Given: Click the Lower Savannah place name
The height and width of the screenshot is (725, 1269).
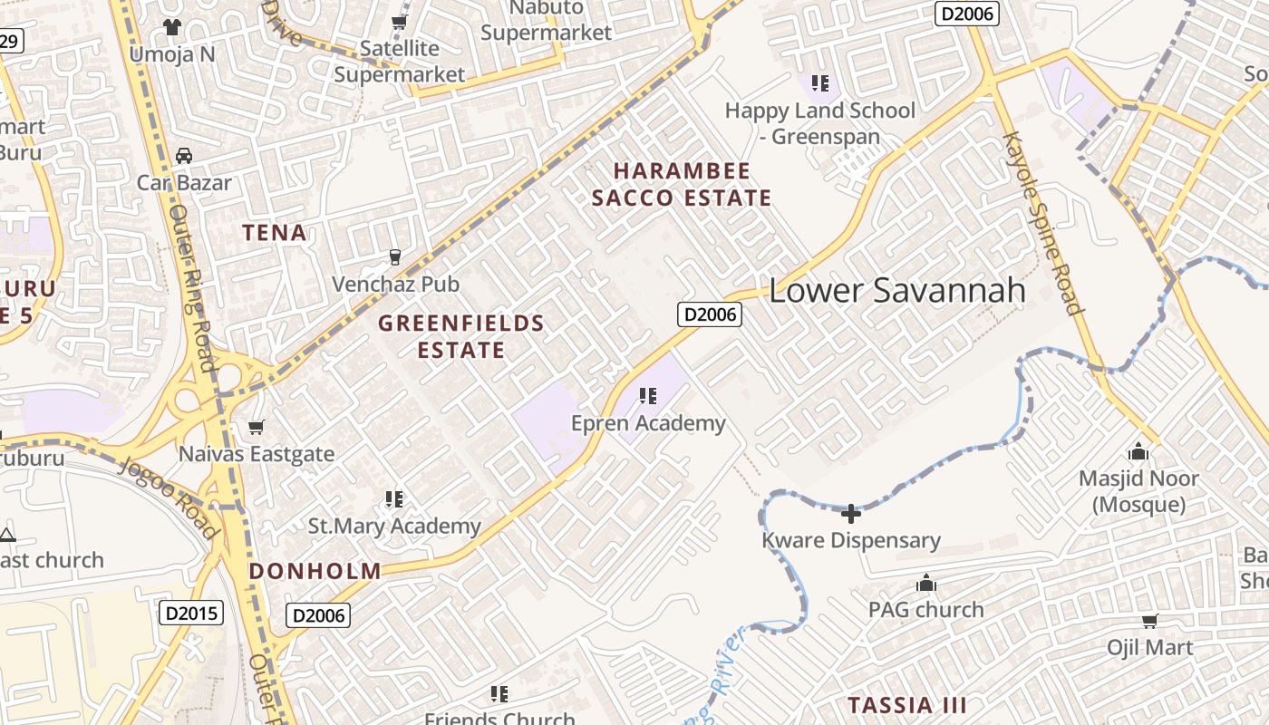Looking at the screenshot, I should point(896,290).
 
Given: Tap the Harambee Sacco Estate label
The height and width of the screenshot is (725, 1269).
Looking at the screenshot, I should point(682,185).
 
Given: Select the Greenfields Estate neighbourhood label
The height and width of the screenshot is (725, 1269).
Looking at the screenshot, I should point(461,336).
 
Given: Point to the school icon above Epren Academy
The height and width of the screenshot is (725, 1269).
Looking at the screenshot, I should point(647,395).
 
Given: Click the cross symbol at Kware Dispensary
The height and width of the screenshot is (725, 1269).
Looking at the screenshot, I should point(850,514).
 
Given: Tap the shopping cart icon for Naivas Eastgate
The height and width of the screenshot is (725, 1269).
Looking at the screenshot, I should point(257,427).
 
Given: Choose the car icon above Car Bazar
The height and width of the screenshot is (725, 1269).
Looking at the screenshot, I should point(184,156).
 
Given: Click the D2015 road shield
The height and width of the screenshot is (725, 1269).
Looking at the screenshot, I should point(191,614).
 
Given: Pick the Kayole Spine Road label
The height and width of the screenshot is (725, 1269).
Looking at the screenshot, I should point(1043,223).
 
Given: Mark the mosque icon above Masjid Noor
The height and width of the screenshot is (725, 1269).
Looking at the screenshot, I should point(1138,451).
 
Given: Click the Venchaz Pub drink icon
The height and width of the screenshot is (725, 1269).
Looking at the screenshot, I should point(395,257).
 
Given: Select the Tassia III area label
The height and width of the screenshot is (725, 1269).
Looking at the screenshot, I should point(906,705).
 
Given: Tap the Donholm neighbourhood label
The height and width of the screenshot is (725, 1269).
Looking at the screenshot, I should point(315,571).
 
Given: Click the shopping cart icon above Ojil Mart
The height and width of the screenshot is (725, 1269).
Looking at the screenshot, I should point(1149,621).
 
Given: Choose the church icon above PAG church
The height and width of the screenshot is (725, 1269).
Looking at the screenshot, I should point(925,583).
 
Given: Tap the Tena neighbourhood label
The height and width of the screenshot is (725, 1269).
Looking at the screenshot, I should point(274,233).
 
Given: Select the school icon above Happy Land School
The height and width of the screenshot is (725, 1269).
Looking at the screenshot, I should point(820,84).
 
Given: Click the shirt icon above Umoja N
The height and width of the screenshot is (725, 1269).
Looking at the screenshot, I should point(172,27).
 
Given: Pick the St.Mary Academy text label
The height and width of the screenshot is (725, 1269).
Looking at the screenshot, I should point(394,526).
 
